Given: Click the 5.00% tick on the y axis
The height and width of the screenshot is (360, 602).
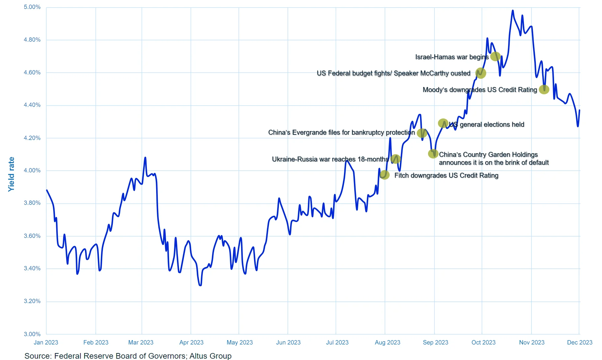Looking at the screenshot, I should pos(32,7).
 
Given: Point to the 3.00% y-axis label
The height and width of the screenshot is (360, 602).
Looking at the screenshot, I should pos(32,334).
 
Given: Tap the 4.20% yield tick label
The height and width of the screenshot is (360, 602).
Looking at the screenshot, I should pos(32,138).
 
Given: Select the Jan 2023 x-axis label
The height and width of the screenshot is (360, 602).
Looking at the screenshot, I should pos(46,342).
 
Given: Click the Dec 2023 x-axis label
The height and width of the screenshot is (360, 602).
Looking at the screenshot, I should pos(580,342).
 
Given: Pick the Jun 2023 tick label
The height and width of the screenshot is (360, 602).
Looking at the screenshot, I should pos(288,342).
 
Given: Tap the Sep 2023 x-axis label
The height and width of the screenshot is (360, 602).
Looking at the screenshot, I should pos(435,342).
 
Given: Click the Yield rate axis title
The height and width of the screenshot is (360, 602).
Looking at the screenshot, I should pos(12,174).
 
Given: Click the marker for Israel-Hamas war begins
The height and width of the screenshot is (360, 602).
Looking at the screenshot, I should pos(495,57).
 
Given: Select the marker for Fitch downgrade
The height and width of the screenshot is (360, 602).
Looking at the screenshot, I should pos(384,175).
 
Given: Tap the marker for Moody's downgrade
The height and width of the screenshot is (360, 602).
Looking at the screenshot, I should pos(544,89).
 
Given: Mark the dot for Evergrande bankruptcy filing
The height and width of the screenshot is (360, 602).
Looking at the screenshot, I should pos(422,133).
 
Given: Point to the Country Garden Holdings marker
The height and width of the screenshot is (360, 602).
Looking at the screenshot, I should pos(433,154).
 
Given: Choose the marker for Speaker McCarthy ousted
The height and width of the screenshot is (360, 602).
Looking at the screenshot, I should pos(481,73).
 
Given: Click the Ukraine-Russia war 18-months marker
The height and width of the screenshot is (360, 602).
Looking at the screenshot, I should pos(396,159).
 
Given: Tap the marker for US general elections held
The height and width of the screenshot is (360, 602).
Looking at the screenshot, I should pos(443,123).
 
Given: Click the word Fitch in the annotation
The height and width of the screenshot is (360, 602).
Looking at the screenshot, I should pos(401,175).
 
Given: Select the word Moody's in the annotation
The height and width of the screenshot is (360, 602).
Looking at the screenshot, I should pos(435,90).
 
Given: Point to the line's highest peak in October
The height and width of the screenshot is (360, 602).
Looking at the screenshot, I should pos(513,11).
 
